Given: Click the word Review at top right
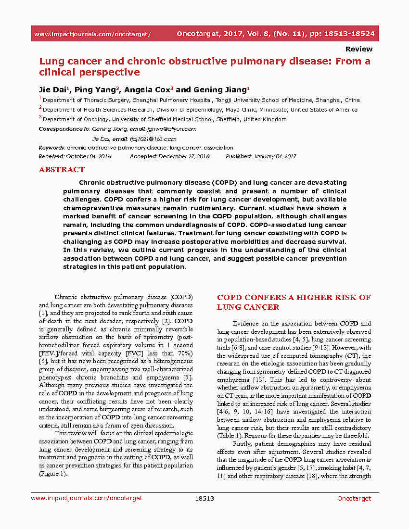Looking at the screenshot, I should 358,49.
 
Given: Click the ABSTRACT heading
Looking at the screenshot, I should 62,170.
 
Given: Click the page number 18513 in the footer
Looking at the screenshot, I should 204,499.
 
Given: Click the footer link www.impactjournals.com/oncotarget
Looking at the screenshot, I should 87,499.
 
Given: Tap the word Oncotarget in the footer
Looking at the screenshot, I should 354,499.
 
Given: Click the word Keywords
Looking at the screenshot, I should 51,148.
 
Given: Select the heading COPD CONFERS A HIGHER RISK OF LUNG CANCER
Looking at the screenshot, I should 294,302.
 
